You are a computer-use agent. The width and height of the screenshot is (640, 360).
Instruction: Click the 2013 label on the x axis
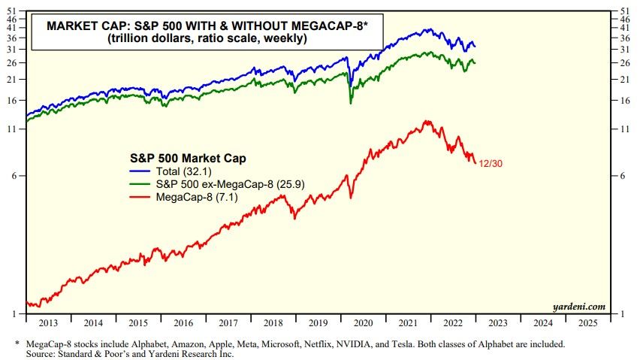[x=47, y=323]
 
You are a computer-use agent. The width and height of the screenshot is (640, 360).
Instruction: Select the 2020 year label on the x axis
[x=363, y=323]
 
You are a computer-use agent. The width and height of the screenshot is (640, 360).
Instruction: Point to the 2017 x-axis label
[x=228, y=323]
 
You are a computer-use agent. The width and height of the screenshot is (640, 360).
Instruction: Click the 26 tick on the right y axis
[x=623, y=62]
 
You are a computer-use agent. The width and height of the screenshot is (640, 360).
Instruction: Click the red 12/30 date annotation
[x=492, y=163]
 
